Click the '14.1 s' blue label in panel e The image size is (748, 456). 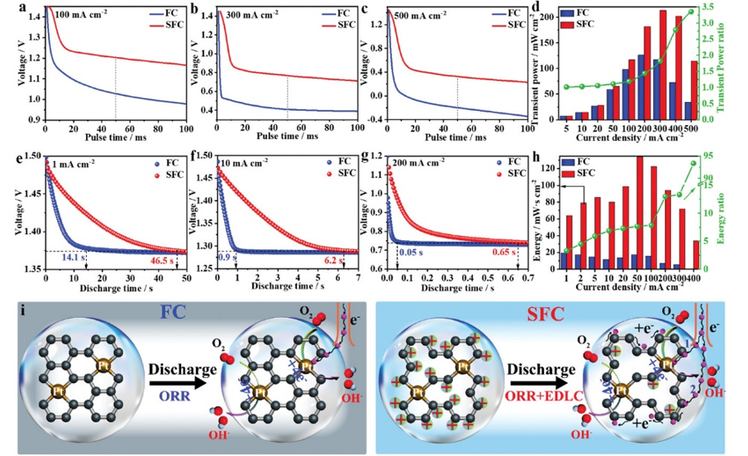70,258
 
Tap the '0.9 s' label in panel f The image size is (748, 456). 226,258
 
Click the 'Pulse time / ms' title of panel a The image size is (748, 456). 115,135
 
